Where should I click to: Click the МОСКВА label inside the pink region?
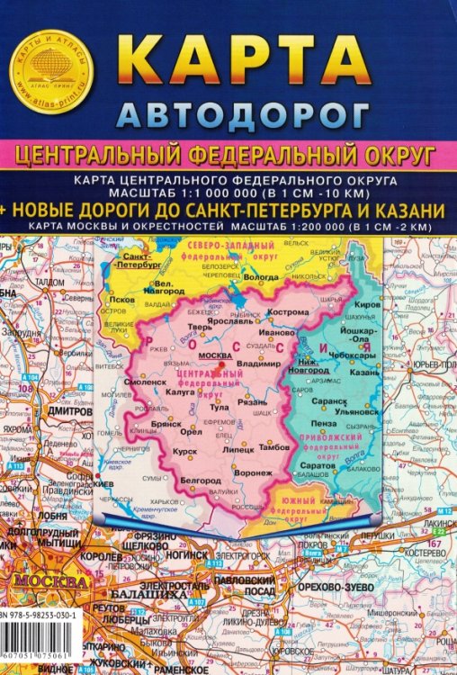coord(220,356)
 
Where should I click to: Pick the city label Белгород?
coord(200,481)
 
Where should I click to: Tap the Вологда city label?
coord(262,277)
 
